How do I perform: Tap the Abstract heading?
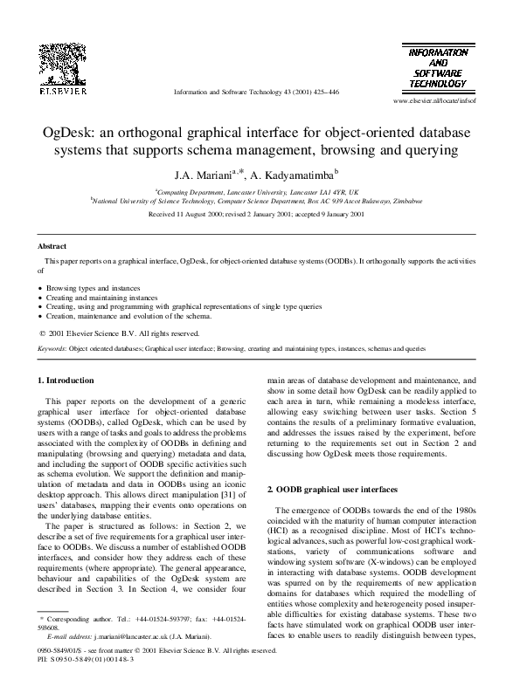[x=55, y=247]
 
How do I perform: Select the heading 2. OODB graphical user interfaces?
[x=337, y=490]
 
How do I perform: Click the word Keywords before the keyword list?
[x=52, y=347]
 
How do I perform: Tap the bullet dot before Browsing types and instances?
[x=41, y=286]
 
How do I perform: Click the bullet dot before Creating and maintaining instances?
[x=41, y=297]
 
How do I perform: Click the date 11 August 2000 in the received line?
[x=204, y=213]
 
